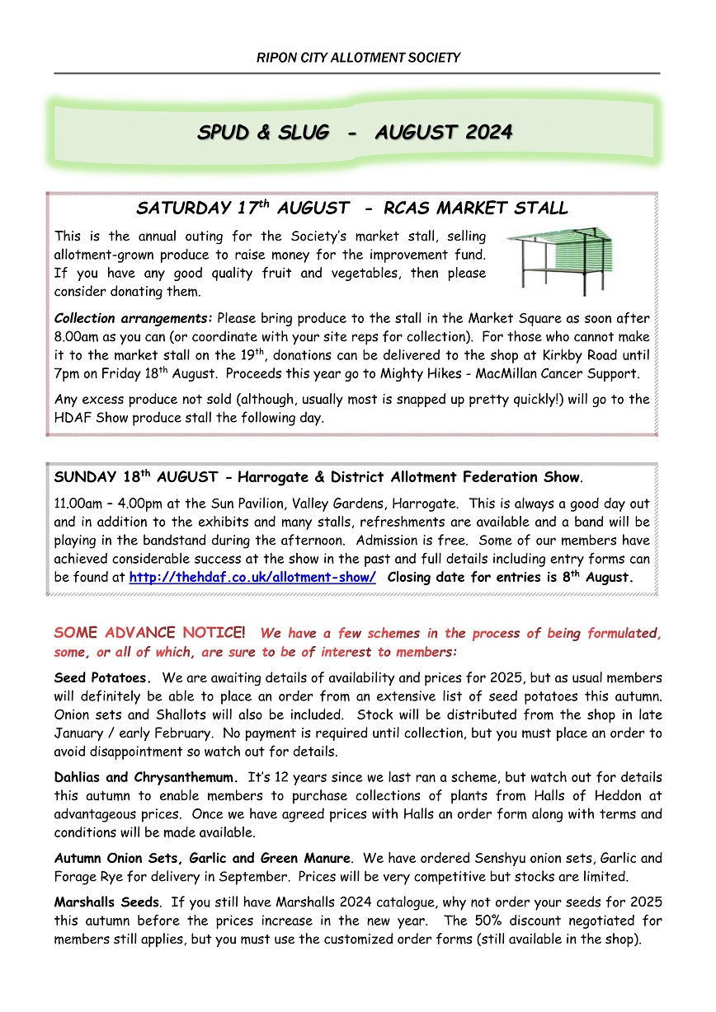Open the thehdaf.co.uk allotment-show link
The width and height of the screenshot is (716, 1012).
coord(252,578)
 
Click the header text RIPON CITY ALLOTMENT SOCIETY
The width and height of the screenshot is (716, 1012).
coord(357,58)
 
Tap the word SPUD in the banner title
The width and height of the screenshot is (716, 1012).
coord(225,132)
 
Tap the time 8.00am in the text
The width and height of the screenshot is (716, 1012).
coord(77,336)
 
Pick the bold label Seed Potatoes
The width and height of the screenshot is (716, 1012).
coord(103,678)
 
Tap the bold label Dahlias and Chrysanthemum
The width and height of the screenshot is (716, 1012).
coord(146,777)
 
